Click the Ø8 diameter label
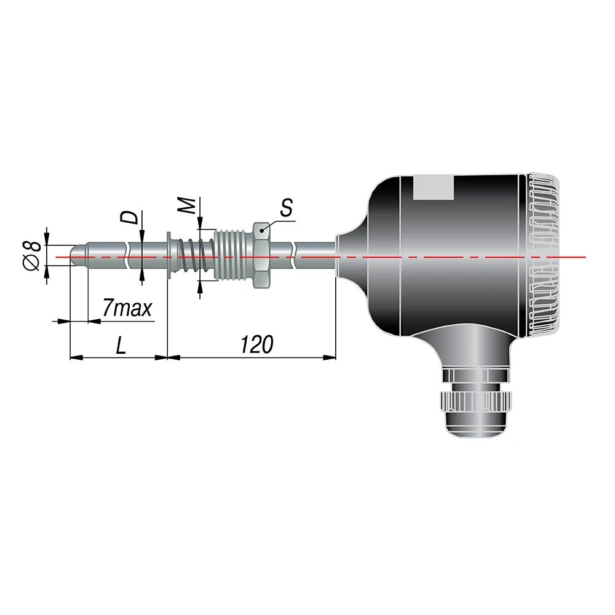pyautogui.click(x=33, y=256)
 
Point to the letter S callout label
pyautogui.click(x=287, y=208)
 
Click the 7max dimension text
pyautogui.click(x=127, y=309)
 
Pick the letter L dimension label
pyautogui.click(x=121, y=345)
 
